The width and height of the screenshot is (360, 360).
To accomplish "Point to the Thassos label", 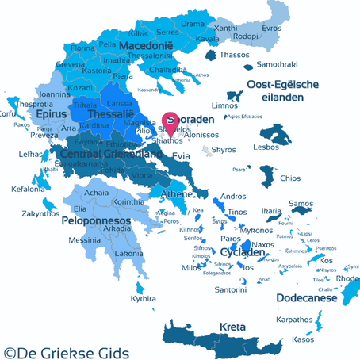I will pos(234,55).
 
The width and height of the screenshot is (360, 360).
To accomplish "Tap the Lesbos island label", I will pos(285,147).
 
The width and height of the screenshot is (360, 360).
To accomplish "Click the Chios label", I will pos(290,178).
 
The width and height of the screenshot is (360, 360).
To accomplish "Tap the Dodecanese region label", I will pos(306,298).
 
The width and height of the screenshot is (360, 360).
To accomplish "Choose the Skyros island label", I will pos(224,150).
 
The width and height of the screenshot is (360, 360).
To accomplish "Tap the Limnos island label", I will pos(224,105).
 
